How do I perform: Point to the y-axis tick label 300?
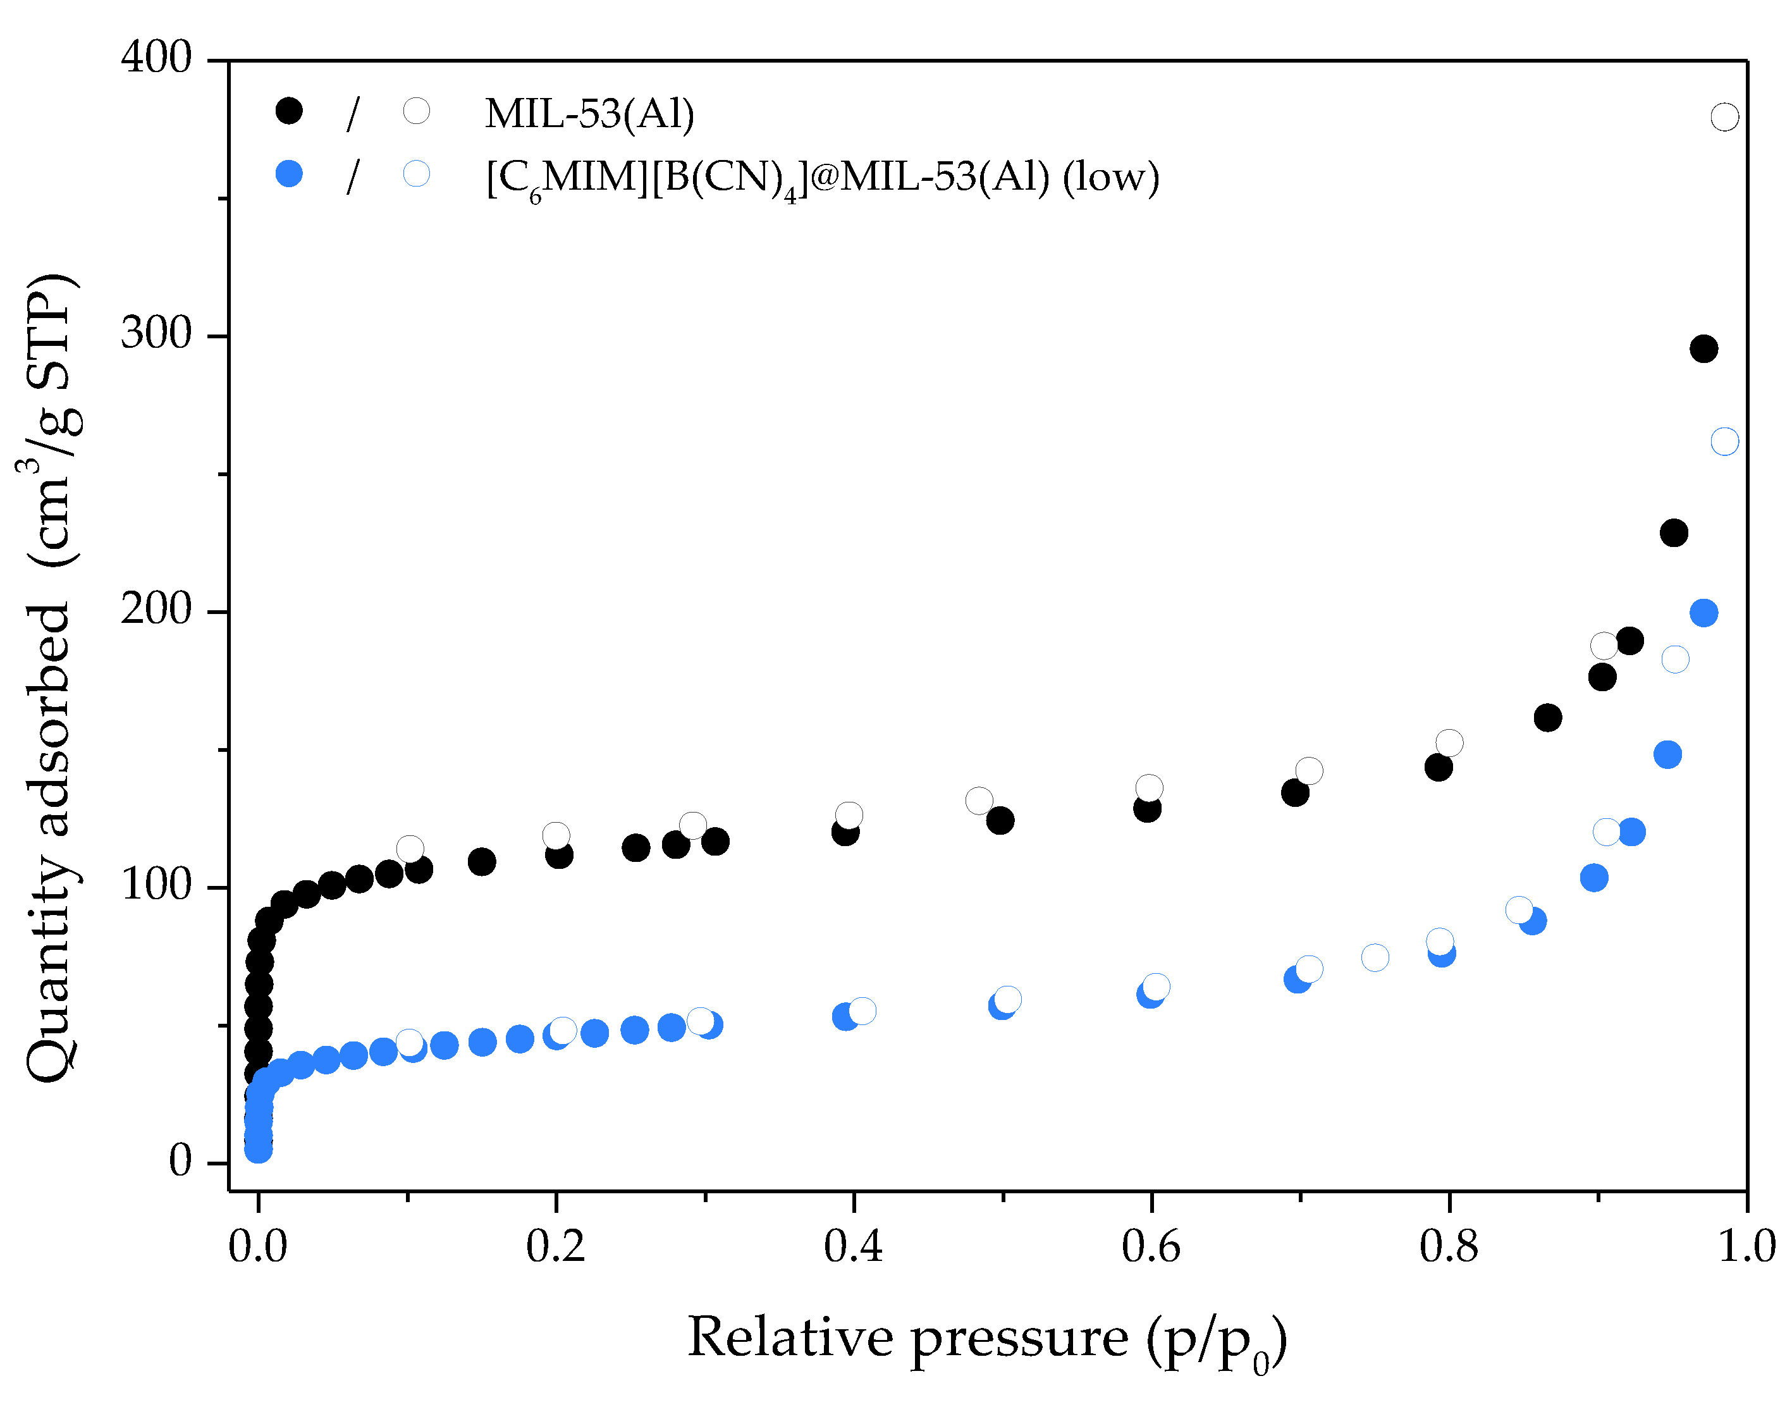pyautogui.click(x=156, y=335)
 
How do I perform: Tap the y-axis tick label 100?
pyautogui.click(x=156, y=885)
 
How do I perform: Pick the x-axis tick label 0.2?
pyautogui.click(x=555, y=1246)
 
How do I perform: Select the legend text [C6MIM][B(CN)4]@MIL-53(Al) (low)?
pyautogui.click(x=823, y=177)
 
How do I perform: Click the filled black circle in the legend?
pyautogui.click(x=289, y=111)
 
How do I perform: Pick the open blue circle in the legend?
pyautogui.click(x=417, y=174)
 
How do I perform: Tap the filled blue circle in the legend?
pyautogui.click(x=289, y=174)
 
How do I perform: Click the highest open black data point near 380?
pyautogui.click(x=1724, y=117)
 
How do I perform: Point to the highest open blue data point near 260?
pyautogui.click(x=1724, y=441)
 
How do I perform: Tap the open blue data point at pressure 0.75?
pyautogui.click(x=1375, y=957)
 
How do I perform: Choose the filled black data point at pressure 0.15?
pyautogui.click(x=482, y=862)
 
